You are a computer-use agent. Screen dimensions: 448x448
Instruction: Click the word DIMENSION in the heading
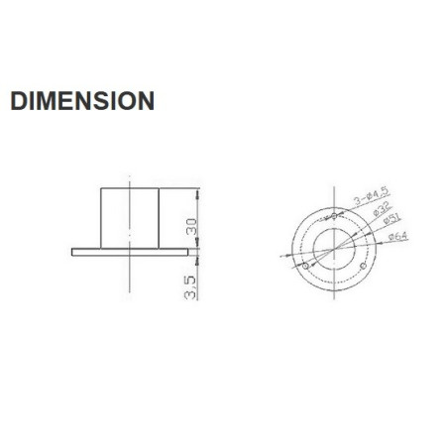tap(81, 101)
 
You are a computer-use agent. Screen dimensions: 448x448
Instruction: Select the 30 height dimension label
tap(192, 225)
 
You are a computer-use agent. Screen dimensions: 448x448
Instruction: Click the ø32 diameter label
tap(377, 210)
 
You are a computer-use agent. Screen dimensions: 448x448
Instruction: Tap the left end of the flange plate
tap(73, 251)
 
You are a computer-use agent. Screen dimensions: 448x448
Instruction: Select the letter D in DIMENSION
tap(18, 101)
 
